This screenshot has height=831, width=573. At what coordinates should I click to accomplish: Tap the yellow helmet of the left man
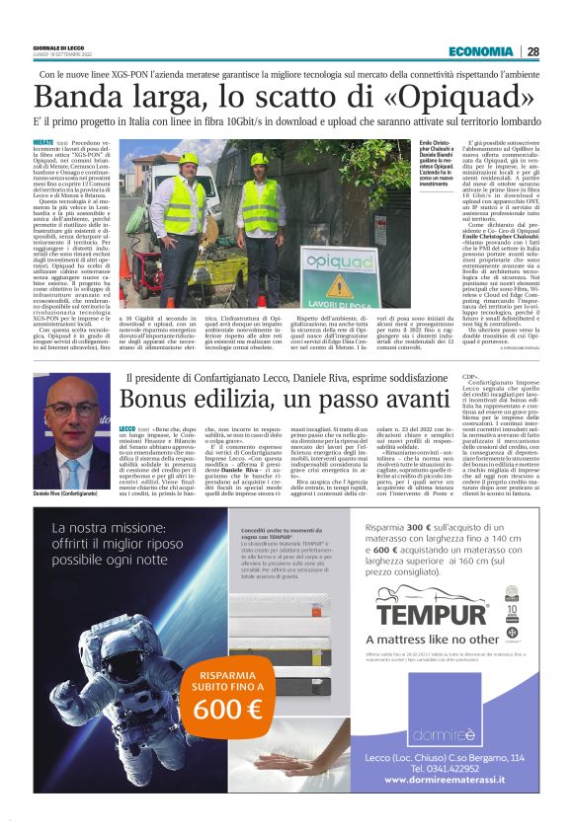[188, 159]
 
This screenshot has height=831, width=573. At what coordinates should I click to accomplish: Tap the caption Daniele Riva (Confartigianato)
[70, 491]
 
